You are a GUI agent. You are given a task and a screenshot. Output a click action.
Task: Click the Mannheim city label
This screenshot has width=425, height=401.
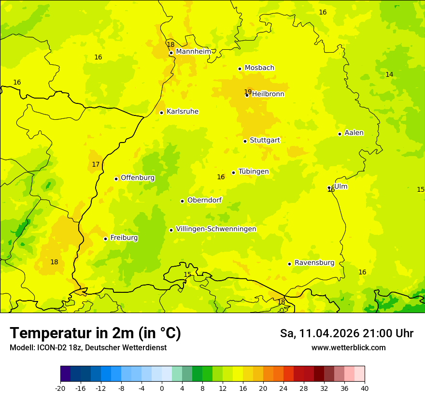(x=193, y=51)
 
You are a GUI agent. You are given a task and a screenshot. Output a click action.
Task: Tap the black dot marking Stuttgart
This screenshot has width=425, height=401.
(x=245, y=141)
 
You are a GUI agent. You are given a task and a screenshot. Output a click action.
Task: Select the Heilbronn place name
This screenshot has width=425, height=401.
(x=268, y=94)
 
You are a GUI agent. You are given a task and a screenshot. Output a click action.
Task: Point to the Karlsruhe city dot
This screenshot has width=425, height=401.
(x=161, y=113)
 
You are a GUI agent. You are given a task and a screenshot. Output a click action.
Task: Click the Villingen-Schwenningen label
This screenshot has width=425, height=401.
(x=216, y=229)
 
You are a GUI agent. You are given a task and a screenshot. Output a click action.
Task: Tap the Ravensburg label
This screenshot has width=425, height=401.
(x=314, y=263)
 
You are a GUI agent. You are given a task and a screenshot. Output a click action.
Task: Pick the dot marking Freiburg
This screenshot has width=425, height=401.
(x=105, y=239)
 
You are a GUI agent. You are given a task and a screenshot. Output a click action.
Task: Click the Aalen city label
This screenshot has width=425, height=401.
(x=354, y=133)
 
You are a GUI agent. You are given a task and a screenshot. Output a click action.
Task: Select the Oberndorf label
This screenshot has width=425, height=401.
(x=205, y=200)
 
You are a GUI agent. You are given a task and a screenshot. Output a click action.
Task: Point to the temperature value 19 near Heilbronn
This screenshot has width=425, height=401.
(x=248, y=92)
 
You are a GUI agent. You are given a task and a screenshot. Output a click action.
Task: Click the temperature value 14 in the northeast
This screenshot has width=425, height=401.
(x=389, y=74)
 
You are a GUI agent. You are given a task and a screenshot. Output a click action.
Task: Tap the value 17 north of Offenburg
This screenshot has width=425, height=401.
(x=96, y=164)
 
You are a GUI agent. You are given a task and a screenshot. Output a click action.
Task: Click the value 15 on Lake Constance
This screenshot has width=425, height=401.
(x=187, y=274)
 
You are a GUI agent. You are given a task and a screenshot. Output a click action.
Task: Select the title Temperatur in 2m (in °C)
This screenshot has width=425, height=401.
(x=95, y=333)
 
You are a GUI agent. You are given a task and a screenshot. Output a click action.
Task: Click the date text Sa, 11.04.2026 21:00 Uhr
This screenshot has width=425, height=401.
(x=346, y=333)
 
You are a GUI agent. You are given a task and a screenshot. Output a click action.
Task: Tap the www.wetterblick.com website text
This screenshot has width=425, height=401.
(x=348, y=347)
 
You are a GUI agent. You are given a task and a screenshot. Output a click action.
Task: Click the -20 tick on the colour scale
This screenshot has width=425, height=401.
(x=60, y=387)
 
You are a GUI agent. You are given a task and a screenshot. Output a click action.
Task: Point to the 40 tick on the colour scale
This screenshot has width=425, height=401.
(x=365, y=387)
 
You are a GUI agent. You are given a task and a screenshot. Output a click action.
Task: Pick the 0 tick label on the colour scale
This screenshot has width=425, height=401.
(x=162, y=387)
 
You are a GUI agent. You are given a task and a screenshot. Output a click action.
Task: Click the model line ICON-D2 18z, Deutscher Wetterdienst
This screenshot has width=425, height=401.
(x=88, y=347)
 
